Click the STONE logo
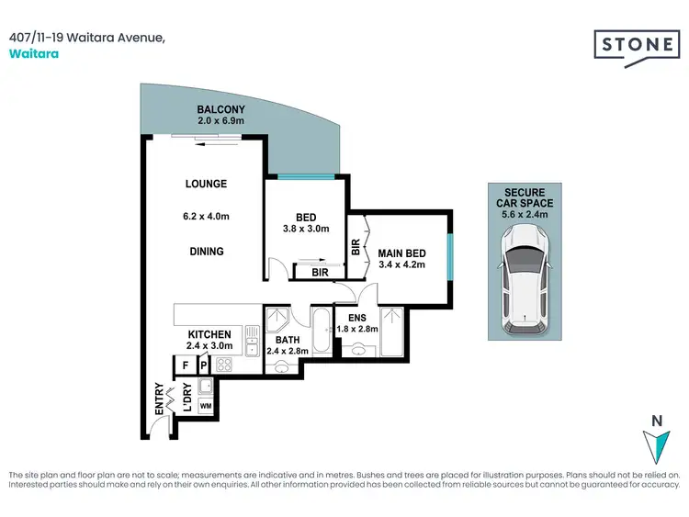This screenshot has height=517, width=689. [633, 43]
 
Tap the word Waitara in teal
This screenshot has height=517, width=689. [28, 53]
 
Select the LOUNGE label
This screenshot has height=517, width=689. [206, 184]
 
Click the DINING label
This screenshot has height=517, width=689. [206, 251]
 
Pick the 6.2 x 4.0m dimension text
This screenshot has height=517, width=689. [206, 218]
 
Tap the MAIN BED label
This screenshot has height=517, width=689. [402, 254]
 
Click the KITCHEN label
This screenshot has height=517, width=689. [209, 334]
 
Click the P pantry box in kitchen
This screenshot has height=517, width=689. [203, 365]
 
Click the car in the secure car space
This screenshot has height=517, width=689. [525, 280]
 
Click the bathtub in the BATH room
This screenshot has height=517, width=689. [321, 332]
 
